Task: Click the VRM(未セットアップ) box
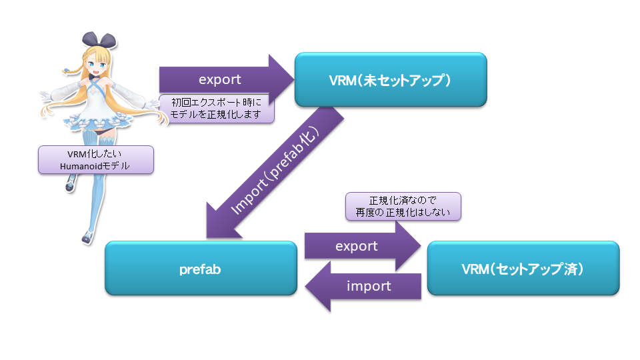coord(391,79)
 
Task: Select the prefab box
coord(201,268)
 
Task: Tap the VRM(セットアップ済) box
coord(523,268)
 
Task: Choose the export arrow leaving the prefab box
coord(360,246)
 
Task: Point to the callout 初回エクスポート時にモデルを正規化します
coord(217,108)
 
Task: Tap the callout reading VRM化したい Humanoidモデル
coord(96,160)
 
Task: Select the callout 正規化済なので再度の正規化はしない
coord(403,207)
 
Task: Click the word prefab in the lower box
coord(200,269)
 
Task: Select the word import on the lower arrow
coord(369,286)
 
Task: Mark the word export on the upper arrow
coord(219,79)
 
